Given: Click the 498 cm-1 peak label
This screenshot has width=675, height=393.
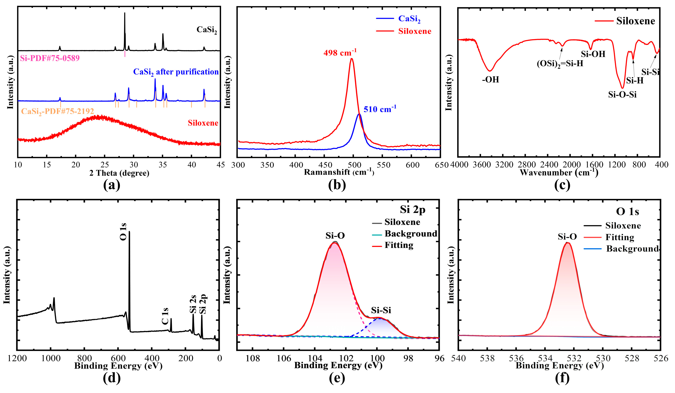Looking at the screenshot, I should [x=340, y=53].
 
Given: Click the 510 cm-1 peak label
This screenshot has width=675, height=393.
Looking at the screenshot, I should [x=380, y=109].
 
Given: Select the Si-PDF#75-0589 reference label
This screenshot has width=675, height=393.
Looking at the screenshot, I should [x=50, y=58].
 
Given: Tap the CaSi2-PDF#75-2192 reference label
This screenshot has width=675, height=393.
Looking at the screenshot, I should [x=58, y=111].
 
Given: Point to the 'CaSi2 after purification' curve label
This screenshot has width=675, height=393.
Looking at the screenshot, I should [x=176, y=72].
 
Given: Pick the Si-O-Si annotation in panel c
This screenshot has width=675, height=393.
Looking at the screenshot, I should [x=622, y=95].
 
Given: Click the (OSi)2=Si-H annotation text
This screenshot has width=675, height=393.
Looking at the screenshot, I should [x=560, y=64].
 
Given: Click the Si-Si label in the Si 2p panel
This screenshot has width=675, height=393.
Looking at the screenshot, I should [x=381, y=310].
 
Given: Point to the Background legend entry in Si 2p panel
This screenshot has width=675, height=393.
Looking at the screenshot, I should [x=411, y=233].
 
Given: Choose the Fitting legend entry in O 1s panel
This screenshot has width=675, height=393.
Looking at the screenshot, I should [x=620, y=237].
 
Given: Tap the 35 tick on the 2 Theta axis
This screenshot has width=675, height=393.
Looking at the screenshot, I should [x=163, y=165].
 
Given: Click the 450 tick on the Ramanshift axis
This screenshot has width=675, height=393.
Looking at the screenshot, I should [x=325, y=165].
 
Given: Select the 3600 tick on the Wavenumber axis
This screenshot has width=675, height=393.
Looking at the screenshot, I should [x=481, y=165].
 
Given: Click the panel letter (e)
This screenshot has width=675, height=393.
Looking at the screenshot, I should [x=337, y=378].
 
